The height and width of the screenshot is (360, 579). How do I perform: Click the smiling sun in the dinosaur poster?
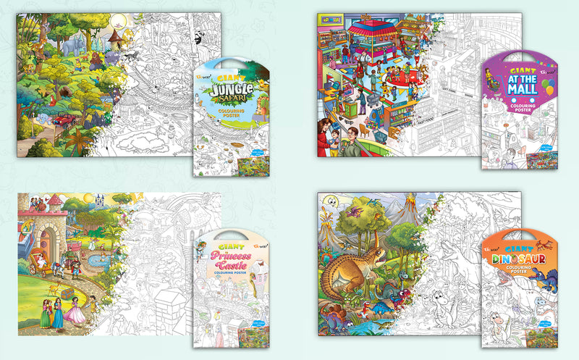330,201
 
